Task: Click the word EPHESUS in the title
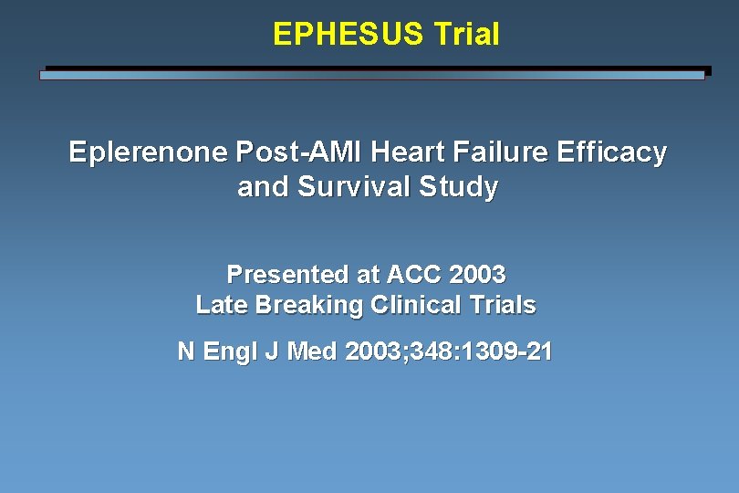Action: tap(349, 35)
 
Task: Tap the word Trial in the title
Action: tap(466, 35)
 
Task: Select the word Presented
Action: tap(286, 274)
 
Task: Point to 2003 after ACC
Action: tap(476, 274)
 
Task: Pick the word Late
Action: tap(221, 305)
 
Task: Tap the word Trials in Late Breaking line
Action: tap(500, 305)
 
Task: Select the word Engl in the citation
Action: tap(232, 351)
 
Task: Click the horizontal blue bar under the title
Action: tap(372, 76)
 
